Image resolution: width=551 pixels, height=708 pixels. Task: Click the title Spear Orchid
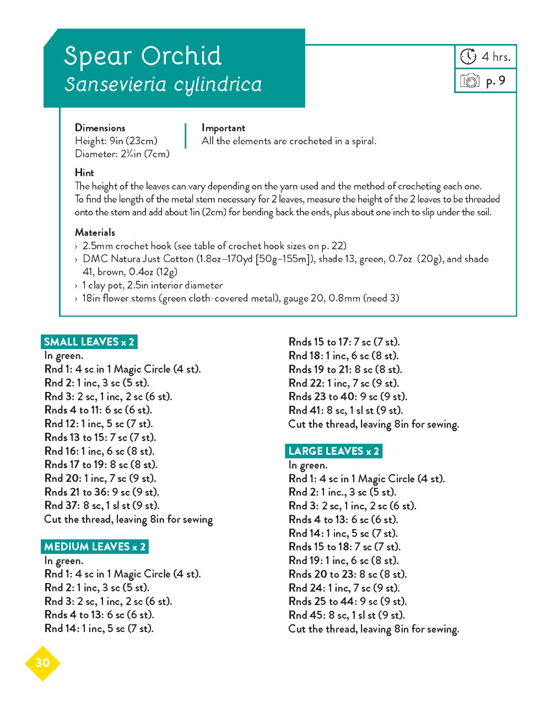pos(143,56)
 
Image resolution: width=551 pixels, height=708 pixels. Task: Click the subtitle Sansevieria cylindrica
pos(163,84)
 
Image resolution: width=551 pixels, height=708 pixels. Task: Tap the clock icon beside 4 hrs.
pos(468,56)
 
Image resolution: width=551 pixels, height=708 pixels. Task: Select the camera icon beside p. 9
pos(469,81)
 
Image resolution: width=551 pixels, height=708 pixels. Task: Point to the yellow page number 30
pos(42,663)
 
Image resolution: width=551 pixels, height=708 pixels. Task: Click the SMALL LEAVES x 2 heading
pos(89,342)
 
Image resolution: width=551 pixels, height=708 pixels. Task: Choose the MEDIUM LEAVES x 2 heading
pos(95,547)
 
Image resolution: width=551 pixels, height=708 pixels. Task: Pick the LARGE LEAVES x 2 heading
pos(333,451)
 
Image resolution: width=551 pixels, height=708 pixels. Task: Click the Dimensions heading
pos(100,128)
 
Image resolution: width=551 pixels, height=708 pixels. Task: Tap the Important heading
pos(223,128)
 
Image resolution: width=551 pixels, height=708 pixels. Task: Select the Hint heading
pos(84,172)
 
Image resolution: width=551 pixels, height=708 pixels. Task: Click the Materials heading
pos(95,232)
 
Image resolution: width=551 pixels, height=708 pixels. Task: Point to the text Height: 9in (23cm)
pos(116,141)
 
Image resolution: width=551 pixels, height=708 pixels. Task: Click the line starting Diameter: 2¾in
pos(122,154)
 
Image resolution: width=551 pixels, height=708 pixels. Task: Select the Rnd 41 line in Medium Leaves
pos(345,410)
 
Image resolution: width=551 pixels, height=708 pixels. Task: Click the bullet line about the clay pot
pos(152,285)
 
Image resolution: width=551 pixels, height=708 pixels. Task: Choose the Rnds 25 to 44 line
pos(347,601)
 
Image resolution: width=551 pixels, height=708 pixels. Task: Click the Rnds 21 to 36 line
pos(101,492)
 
